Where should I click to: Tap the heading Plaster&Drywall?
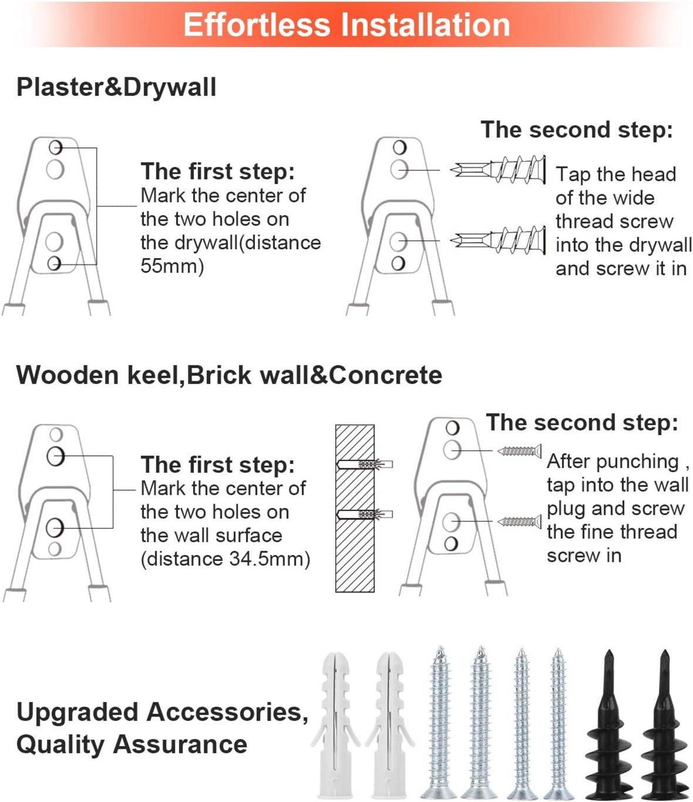pyautogui.click(x=116, y=87)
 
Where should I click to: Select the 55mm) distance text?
pyautogui.click(x=172, y=266)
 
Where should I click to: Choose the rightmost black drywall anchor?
pyautogui.click(x=665, y=724)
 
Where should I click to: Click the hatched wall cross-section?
pyautogui.click(x=355, y=508)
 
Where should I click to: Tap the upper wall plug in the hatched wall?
pyautogui.click(x=365, y=464)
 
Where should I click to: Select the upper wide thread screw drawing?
pyautogui.click(x=498, y=169)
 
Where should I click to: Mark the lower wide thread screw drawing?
pyautogui.click(x=498, y=240)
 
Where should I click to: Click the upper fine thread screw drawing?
pyautogui.click(x=519, y=450)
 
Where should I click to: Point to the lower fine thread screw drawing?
pyautogui.click(x=519, y=522)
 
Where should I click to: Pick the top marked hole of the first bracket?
pyautogui.click(x=55, y=148)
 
